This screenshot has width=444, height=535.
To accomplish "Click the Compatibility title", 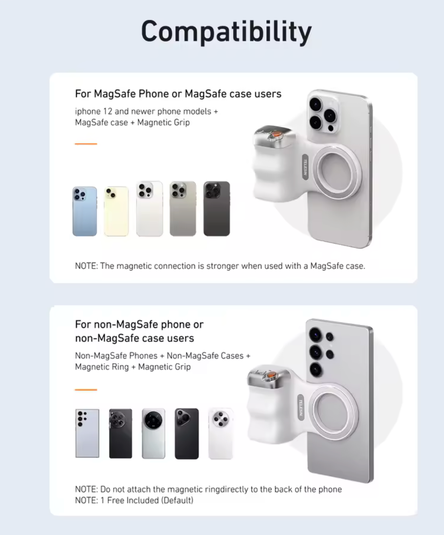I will (226, 32).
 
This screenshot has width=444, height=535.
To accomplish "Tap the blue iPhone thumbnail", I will (85, 211).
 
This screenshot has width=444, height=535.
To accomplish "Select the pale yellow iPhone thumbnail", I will (116, 211).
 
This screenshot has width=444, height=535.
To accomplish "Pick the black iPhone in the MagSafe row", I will (217, 209).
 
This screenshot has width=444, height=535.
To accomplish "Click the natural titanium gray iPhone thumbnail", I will (183, 209).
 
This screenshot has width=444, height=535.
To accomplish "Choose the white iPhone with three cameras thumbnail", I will (149, 209).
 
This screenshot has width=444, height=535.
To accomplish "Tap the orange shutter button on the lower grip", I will (271, 374).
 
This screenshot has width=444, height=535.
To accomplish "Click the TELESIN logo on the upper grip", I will (305, 167).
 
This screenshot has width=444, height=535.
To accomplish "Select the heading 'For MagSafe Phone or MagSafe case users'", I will (178, 94).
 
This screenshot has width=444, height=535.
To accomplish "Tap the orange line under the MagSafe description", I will (86, 144).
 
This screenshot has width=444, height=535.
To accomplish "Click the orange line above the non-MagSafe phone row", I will (86, 390).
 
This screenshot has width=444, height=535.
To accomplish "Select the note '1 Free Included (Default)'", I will (147, 501).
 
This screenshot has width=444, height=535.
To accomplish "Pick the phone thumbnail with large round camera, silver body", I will (154, 433).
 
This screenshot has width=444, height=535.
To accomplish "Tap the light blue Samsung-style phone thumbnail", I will (87, 433).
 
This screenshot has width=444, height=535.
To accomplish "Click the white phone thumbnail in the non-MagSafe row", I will (221, 433).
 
